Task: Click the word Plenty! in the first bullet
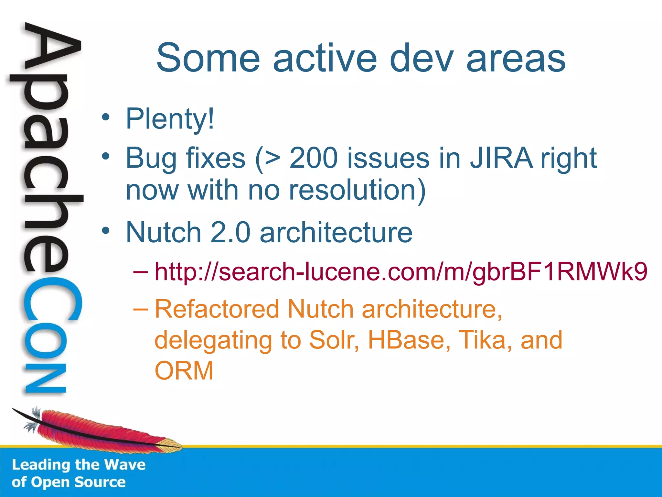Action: click(170, 119)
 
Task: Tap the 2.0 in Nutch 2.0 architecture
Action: click(230, 232)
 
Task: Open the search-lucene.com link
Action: click(401, 271)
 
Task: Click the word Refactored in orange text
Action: click(217, 309)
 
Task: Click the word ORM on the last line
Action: click(184, 371)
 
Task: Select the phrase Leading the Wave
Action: click(79, 465)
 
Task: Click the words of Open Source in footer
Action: click(68, 482)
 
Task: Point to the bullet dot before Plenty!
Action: click(105, 117)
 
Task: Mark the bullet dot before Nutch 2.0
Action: click(105, 231)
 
